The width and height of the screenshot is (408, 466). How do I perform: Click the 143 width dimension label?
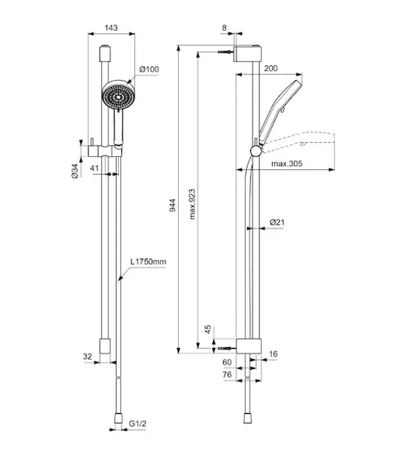[111, 28]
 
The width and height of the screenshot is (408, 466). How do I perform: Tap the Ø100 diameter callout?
[149, 69]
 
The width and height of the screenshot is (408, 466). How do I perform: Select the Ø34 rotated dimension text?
[75, 171]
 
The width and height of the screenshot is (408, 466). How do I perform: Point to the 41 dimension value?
[94, 168]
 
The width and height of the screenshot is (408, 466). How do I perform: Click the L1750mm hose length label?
[148, 262]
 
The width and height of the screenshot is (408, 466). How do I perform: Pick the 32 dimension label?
[87, 356]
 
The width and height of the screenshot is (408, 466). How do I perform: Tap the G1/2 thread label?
[138, 423]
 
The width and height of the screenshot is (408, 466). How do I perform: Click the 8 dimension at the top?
[225, 28]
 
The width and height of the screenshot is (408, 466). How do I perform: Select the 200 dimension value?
[271, 68]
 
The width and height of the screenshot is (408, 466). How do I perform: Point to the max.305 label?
[287, 163]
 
